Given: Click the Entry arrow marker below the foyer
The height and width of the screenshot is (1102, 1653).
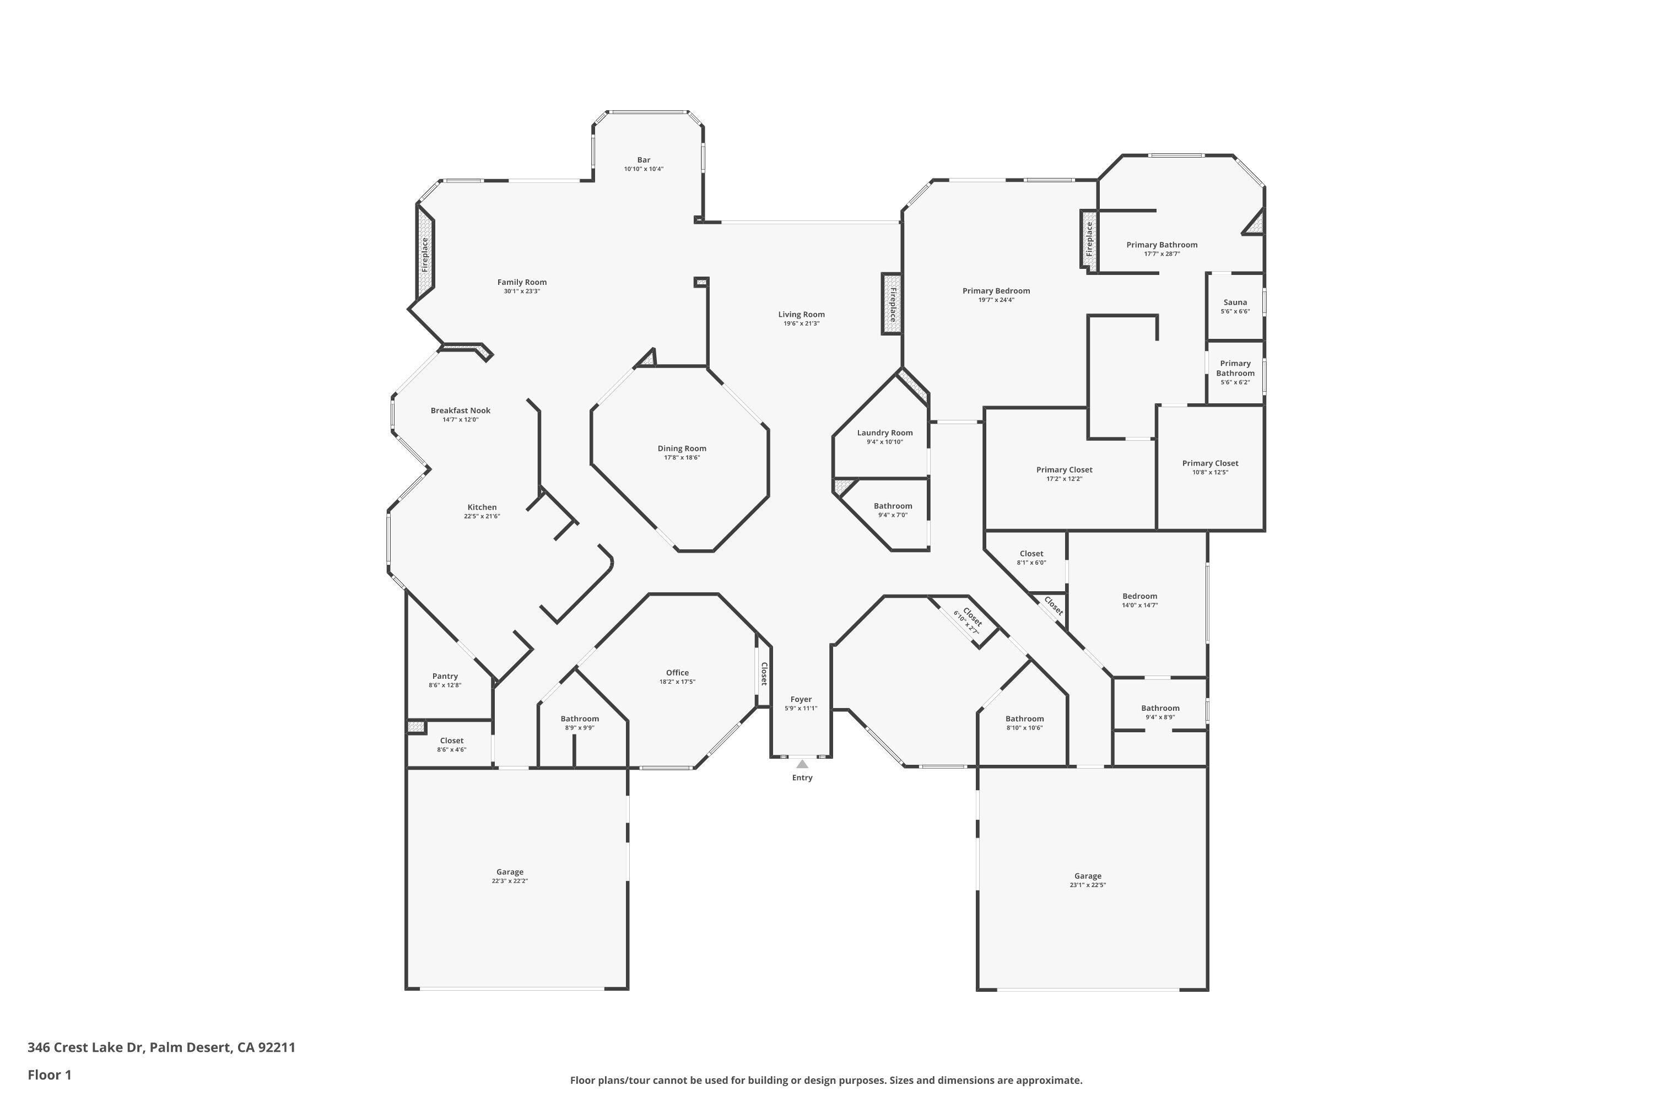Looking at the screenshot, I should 802,764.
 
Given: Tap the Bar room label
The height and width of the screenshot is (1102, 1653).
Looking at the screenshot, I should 643,160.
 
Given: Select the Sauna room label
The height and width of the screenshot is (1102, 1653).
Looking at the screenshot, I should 1235,302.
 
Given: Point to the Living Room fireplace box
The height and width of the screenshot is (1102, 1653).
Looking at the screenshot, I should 891,304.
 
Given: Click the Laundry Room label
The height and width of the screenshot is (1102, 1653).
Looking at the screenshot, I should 885,433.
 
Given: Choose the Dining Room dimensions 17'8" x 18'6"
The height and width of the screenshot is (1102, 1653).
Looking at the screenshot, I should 682,457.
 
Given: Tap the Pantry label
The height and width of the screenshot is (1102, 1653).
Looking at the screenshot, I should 445,676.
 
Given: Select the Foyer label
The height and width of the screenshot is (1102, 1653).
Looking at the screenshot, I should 801,699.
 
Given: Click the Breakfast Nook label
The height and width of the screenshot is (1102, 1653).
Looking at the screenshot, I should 460,410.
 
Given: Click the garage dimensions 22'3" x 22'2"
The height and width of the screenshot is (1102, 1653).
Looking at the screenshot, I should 510,880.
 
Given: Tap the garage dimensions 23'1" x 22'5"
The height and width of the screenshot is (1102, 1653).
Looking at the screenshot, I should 1087,885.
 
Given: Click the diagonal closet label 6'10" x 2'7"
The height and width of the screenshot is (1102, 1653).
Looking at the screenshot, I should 966,623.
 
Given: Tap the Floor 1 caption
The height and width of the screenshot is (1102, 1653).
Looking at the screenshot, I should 49,1074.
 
